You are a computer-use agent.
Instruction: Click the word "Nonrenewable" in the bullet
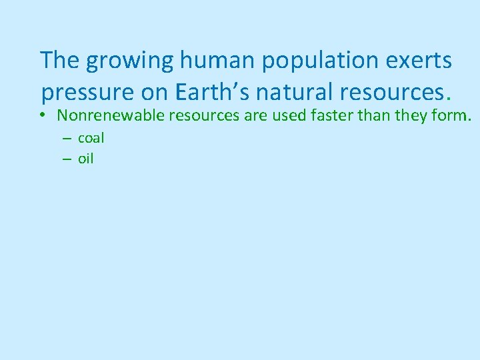coord(111,115)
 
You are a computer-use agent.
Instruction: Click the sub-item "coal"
coord(91,139)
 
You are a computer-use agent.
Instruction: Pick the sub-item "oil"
coord(86,159)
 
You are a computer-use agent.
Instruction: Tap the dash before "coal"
coord(67,139)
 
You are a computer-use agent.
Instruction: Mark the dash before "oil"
coord(67,159)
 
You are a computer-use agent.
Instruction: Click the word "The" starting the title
coord(60,61)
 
